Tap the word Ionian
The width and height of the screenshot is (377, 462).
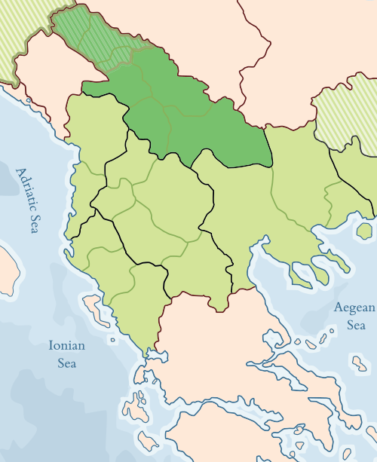point(66,346)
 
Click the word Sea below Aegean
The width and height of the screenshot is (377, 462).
point(356,326)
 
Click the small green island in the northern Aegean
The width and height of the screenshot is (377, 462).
point(365,230)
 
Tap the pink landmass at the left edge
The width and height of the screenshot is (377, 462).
point(6,264)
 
